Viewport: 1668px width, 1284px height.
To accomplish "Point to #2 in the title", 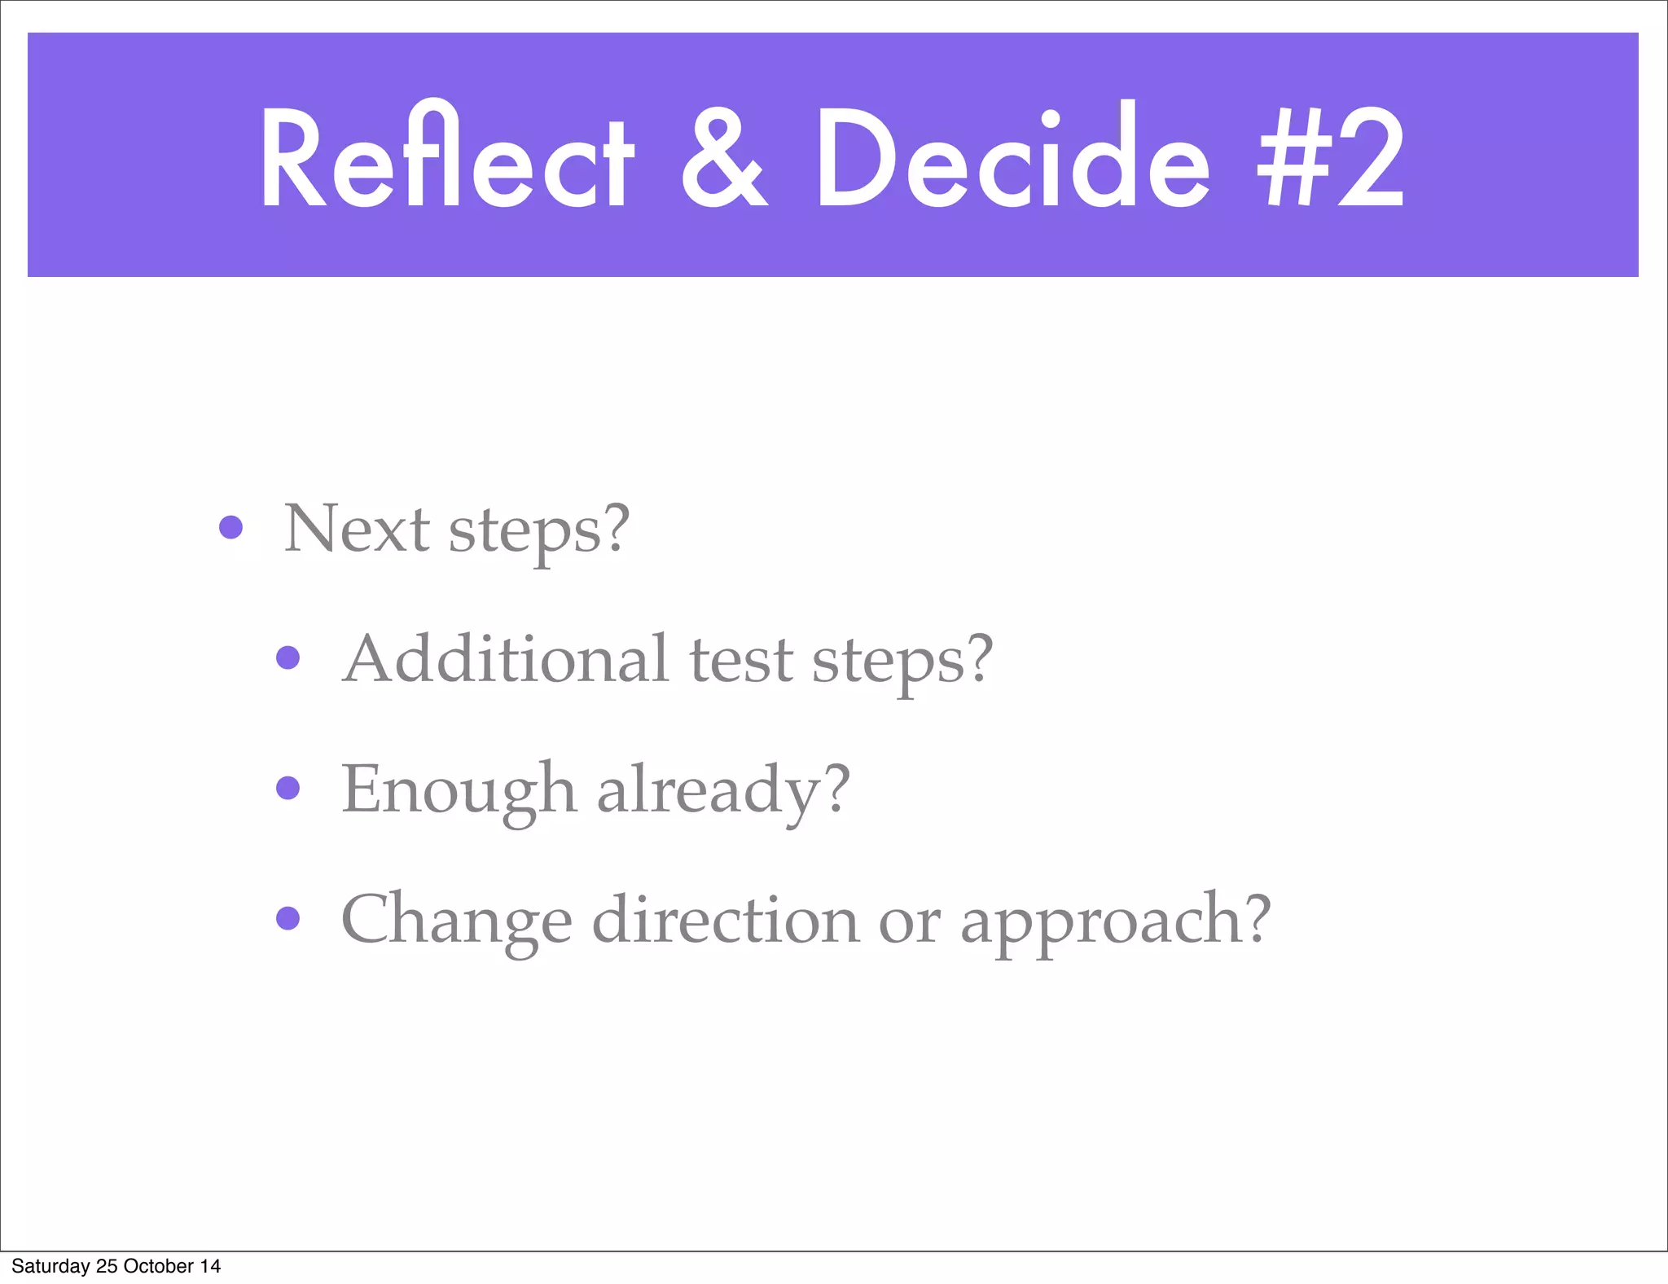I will click(x=1331, y=159).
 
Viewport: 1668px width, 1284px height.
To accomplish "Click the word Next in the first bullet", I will click(x=356, y=529).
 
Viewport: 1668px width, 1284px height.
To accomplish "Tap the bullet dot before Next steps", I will click(x=231, y=527).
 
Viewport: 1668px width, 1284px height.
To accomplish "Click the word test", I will click(x=741, y=660).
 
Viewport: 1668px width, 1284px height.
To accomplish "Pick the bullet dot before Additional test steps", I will click(x=288, y=657).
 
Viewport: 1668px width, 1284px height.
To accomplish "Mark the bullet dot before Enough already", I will click(x=288, y=788).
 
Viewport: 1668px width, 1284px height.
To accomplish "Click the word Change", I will click(x=456, y=921).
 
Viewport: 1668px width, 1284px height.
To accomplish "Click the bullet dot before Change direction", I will click(x=288, y=918).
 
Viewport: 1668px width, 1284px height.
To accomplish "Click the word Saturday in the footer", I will click(x=50, y=1266).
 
